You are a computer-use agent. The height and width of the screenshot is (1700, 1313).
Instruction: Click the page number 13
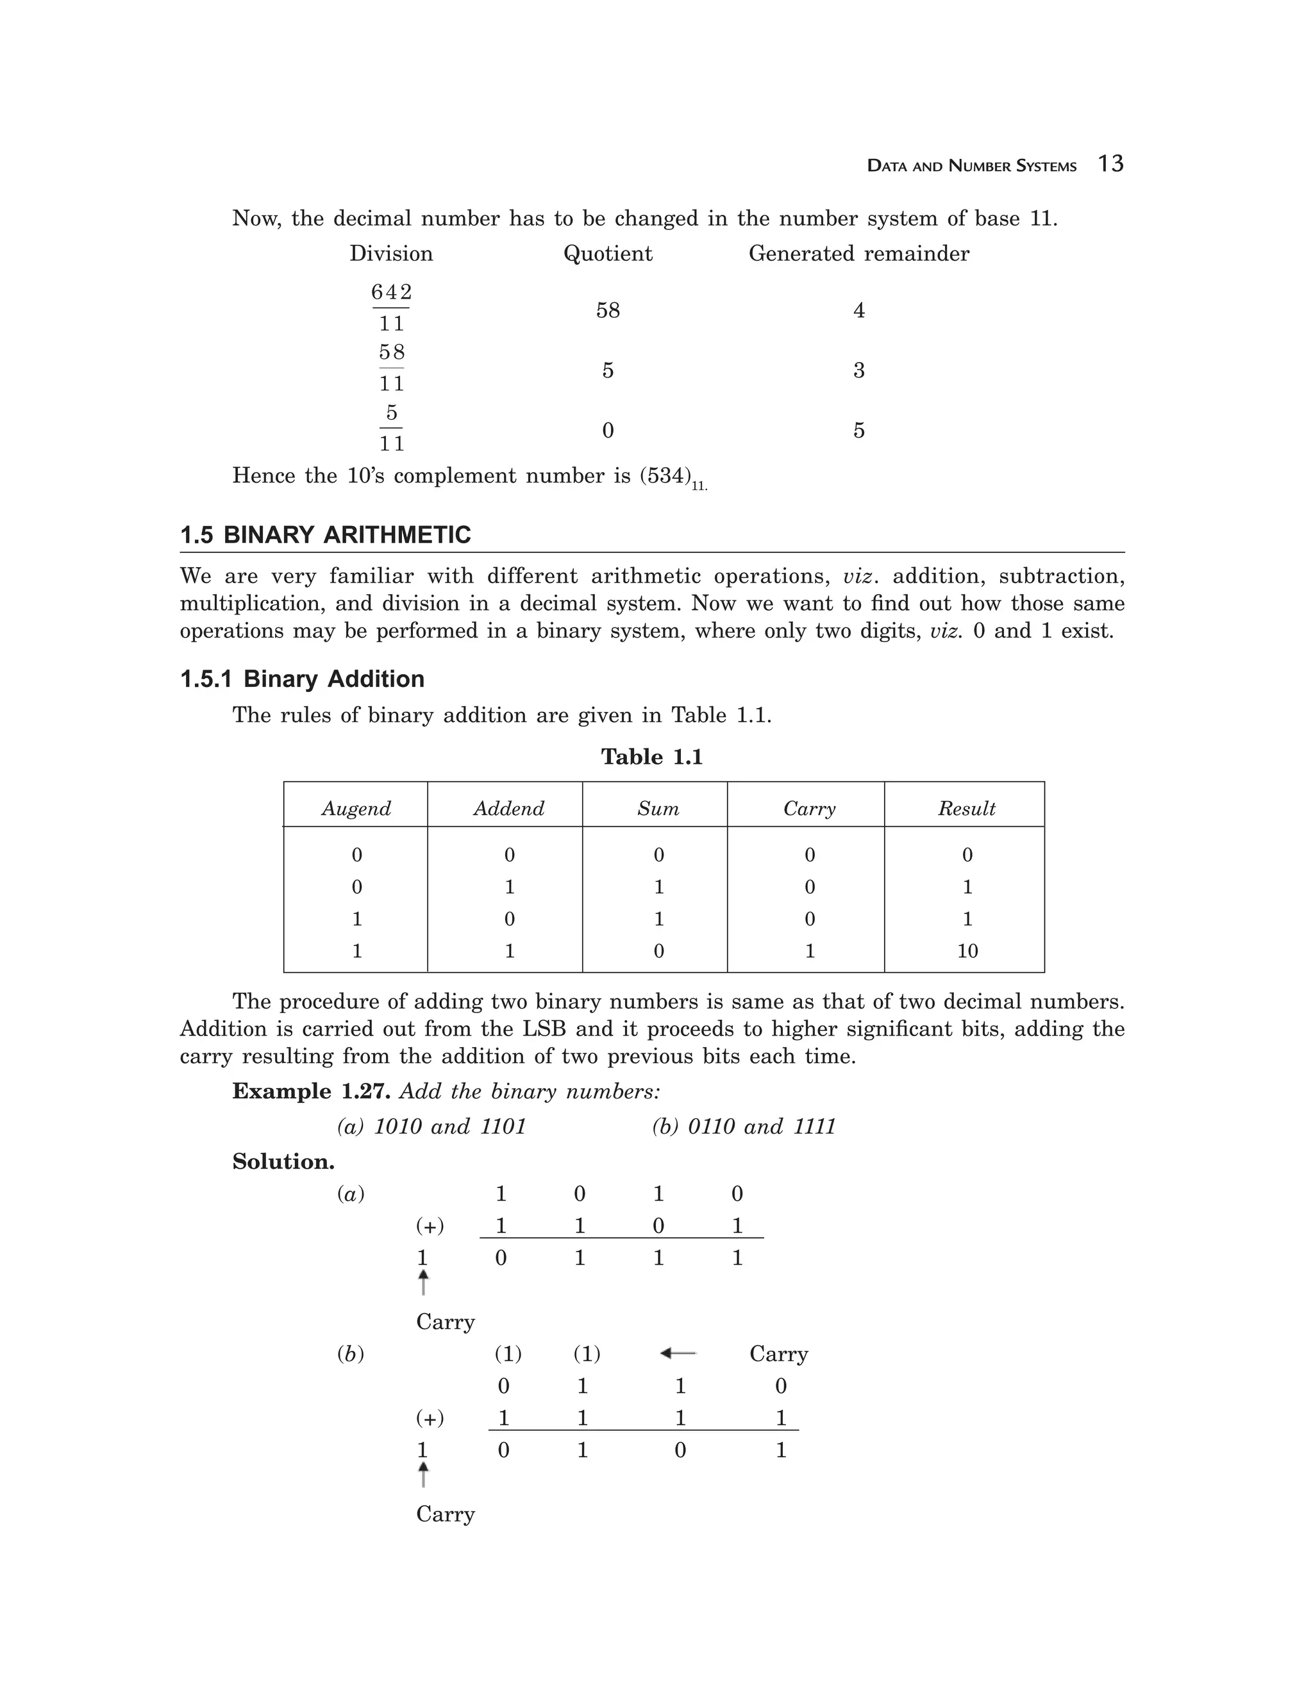(x=1110, y=163)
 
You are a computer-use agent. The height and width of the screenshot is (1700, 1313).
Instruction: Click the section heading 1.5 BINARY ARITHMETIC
(x=326, y=536)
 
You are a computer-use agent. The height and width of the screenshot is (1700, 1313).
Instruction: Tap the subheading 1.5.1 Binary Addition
(x=302, y=679)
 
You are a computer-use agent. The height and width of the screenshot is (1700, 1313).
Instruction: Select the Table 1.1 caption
(x=652, y=757)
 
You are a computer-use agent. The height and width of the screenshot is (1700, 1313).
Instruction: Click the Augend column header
(x=356, y=808)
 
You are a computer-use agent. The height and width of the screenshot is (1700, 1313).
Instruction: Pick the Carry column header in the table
(x=809, y=808)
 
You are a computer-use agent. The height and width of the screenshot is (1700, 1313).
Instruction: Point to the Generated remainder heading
(x=858, y=254)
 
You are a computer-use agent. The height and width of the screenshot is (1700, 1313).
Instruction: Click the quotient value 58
(x=607, y=311)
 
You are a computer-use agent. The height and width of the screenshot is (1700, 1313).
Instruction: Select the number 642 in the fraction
(x=391, y=292)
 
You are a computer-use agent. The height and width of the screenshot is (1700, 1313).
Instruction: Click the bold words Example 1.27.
(x=312, y=1091)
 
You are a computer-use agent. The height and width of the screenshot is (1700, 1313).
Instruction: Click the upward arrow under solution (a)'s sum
(x=423, y=1282)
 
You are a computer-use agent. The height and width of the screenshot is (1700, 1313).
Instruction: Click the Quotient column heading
(x=607, y=254)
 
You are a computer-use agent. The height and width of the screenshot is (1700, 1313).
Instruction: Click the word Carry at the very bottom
(x=445, y=1514)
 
